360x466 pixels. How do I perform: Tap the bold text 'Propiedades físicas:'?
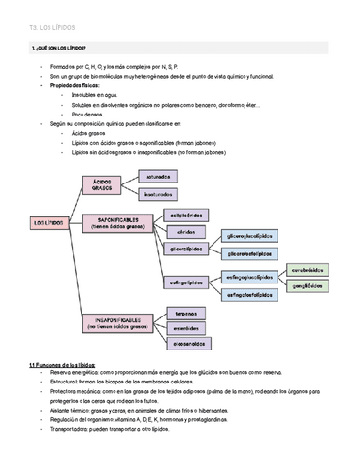[81, 85]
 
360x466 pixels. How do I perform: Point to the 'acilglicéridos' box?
[186, 215]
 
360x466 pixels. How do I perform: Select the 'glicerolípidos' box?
[186, 249]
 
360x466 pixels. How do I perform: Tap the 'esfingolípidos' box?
[186, 283]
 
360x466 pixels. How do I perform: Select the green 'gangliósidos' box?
[308, 286]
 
